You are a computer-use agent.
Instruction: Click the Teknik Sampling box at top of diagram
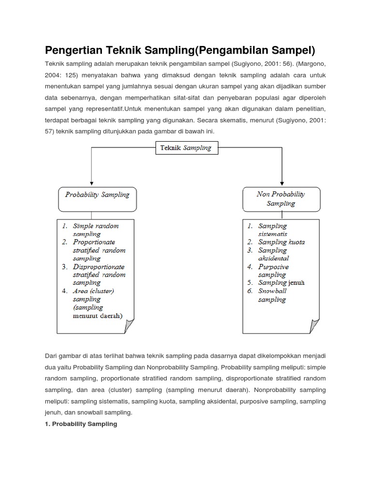click(187, 148)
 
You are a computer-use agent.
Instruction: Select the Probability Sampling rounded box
click(97, 199)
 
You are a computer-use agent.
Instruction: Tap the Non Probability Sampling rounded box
click(281, 199)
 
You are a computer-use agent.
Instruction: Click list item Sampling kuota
click(281, 242)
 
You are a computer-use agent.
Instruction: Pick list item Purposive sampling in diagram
click(273, 271)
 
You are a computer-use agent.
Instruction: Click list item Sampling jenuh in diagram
click(281, 283)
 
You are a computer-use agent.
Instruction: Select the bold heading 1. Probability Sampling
click(81, 424)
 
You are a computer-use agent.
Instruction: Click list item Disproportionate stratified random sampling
click(99, 275)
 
